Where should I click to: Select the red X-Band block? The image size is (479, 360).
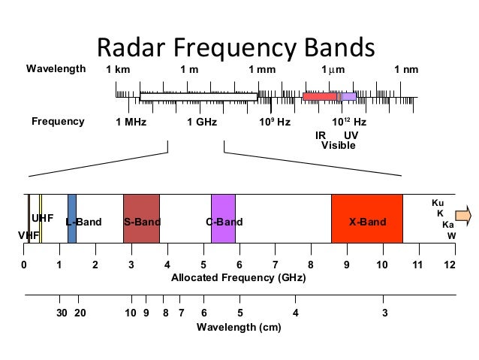coord(366,218)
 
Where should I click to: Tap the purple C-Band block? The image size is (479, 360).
coord(223,218)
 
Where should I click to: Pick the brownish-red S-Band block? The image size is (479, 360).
coord(141,218)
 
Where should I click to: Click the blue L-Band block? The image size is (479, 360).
coord(72,218)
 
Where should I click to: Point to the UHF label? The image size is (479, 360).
coord(42,218)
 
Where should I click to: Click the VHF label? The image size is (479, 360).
coord(28,235)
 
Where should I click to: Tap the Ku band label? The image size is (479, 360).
coord(438,203)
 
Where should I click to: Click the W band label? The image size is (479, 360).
coord(451,235)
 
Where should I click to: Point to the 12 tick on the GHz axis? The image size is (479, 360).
coord(450,265)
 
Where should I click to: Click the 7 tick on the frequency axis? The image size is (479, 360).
coord(275,265)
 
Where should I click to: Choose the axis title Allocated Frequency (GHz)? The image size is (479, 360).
coord(239,278)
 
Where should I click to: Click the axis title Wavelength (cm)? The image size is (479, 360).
coord(239,327)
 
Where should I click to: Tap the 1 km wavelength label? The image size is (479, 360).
coord(118,70)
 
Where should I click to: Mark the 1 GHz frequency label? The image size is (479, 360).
coord(201,122)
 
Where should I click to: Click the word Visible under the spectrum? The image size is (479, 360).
coord(338,145)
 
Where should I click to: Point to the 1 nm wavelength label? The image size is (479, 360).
coord(406,70)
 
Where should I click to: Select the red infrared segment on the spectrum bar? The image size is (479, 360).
coord(319,96)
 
